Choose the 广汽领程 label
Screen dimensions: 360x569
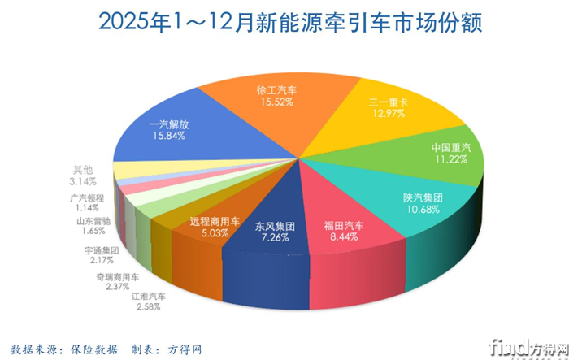(x=85, y=197)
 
